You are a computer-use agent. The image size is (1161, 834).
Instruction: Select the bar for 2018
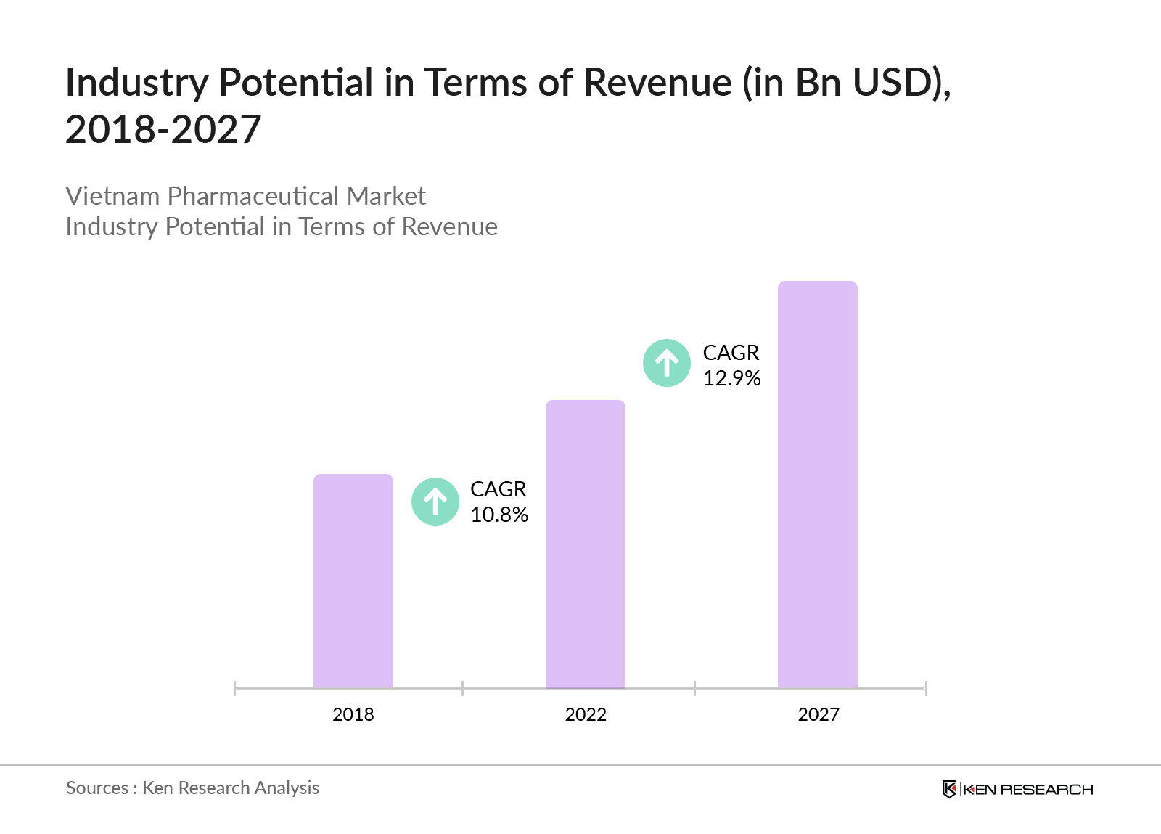(353, 581)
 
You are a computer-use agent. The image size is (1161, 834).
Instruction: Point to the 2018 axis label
(353, 714)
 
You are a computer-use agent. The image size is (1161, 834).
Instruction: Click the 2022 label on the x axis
(586, 714)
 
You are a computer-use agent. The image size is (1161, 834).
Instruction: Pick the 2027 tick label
(819, 714)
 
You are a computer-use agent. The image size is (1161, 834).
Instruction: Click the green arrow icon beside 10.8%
(435, 502)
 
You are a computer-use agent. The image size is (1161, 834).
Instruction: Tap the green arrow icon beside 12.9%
(667, 363)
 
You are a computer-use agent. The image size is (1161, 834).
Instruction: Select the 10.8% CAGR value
(499, 515)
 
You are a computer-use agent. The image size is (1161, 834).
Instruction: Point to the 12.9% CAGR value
(731, 378)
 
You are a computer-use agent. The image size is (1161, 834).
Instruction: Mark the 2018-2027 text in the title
(163, 130)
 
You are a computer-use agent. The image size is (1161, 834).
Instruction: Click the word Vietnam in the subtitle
(112, 196)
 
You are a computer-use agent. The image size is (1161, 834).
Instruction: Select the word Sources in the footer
(97, 788)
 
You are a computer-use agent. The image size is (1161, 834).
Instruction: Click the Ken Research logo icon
(949, 789)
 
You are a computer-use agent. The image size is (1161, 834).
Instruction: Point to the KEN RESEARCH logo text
(1028, 790)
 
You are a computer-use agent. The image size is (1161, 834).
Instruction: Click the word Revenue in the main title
(657, 83)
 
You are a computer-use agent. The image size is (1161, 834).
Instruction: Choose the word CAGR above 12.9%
(731, 353)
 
